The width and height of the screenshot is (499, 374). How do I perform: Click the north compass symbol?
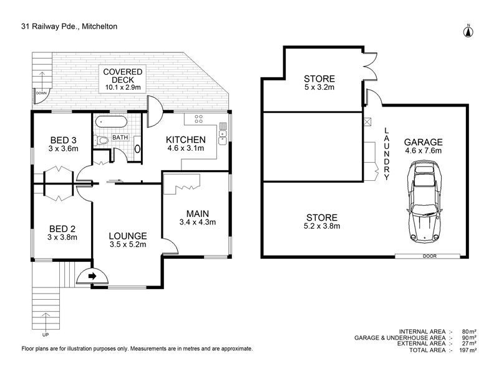[468, 31]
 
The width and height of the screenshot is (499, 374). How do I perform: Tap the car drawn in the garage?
[425, 201]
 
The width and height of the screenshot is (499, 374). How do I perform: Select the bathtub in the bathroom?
[112, 122]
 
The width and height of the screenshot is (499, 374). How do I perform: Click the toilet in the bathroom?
[101, 140]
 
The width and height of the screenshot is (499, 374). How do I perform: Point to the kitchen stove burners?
[198, 119]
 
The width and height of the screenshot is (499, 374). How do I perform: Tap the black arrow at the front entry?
[92, 276]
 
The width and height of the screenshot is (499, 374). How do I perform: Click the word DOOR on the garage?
[430, 256]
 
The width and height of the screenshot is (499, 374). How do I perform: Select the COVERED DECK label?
[122, 76]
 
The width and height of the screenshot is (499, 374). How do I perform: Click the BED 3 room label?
[64, 140]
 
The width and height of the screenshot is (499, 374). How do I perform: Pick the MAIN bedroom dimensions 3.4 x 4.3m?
[198, 223]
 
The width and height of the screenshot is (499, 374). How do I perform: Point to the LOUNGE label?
[128, 236]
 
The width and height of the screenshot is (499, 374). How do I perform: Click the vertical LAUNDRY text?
[386, 154]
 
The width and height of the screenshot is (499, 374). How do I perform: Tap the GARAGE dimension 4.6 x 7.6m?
[424, 151]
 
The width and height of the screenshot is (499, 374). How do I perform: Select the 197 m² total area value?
[468, 350]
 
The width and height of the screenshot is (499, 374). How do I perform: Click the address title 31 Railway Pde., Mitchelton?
[69, 26]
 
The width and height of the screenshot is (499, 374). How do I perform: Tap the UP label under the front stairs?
[46, 335]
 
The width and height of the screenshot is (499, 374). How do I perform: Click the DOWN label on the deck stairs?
[41, 93]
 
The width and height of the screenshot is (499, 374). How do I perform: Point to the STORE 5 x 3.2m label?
[319, 83]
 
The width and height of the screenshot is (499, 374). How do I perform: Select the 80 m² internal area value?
[470, 332]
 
